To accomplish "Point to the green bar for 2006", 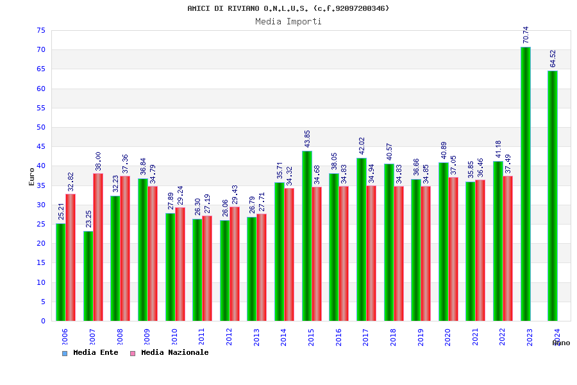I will tap(60, 272).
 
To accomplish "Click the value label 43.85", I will tap(308, 139).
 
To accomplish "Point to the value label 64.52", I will tap(553, 58).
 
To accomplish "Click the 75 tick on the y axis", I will tap(40, 31).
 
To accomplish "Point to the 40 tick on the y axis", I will tap(40, 166).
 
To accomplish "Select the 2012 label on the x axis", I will tap(229, 337).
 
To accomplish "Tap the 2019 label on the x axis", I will tap(421, 337).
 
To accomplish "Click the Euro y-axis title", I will tap(32, 176).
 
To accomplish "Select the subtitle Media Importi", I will tap(288, 21).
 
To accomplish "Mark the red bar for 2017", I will tap(371, 253).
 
